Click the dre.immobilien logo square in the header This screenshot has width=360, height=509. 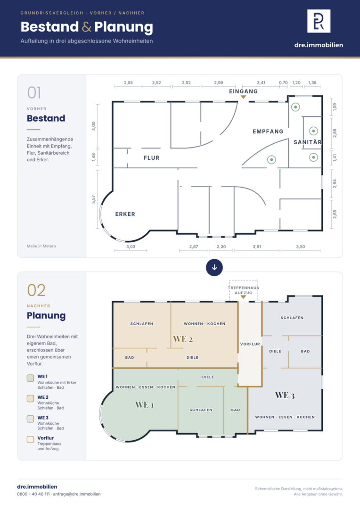tap(319, 21)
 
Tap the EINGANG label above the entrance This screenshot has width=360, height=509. tap(244, 91)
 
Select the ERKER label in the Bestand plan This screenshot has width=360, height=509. tap(125, 214)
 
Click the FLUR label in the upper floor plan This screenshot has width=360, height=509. tap(152, 158)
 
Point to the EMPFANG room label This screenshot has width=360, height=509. tap(268, 131)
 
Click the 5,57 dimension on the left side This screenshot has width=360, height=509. tap(93, 199)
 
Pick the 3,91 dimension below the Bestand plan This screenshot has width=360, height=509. tap(257, 246)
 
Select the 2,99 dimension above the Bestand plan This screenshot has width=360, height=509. tap(219, 83)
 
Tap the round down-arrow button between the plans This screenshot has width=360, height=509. tap(214, 268)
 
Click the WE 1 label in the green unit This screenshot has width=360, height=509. tap(145, 405)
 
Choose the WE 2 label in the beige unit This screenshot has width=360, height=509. tap(183, 339)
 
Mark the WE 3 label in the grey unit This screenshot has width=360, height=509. tap(285, 395)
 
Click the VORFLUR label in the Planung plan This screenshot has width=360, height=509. tap(250, 344)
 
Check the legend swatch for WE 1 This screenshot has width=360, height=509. tap(31, 378)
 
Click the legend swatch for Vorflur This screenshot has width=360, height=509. tap(31, 440)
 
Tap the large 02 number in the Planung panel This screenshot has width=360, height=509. tap(36, 290)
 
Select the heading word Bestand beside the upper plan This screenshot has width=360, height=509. tap(46, 118)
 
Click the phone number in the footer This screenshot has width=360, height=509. tap(33, 494)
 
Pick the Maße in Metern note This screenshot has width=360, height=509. tap(41, 246)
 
